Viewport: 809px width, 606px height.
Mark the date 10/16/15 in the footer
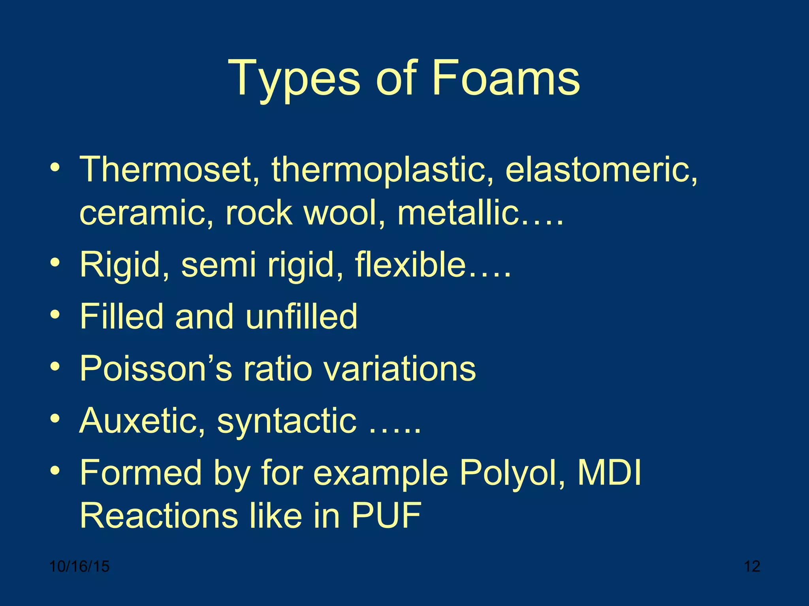point(79,567)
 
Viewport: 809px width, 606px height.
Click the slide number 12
point(752,567)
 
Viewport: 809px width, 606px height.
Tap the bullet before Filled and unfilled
point(55,315)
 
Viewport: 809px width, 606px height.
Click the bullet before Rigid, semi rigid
point(55,263)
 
